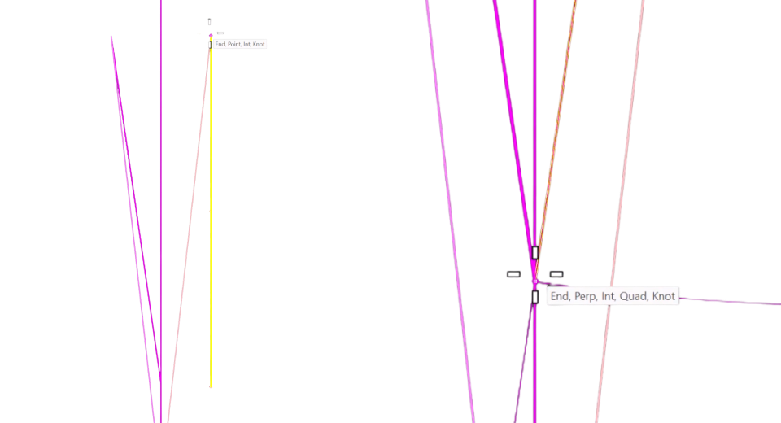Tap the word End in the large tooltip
pyautogui.click(x=560, y=296)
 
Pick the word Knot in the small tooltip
pyautogui.click(x=259, y=45)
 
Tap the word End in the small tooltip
pyautogui.click(x=220, y=45)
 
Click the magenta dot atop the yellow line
pyautogui.click(x=211, y=35)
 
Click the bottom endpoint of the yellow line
pyautogui.click(x=211, y=386)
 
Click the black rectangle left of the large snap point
pyautogui.click(x=513, y=274)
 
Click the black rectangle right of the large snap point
pyautogui.click(x=556, y=274)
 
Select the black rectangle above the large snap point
pyautogui.click(x=535, y=253)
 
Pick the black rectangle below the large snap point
pyautogui.click(x=535, y=297)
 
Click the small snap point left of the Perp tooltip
pyautogui.click(x=535, y=281)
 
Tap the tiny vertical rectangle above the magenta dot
pyautogui.click(x=209, y=22)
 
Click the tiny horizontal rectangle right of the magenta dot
pyautogui.click(x=220, y=33)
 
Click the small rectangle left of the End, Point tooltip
pyautogui.click(x=210, y=45)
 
